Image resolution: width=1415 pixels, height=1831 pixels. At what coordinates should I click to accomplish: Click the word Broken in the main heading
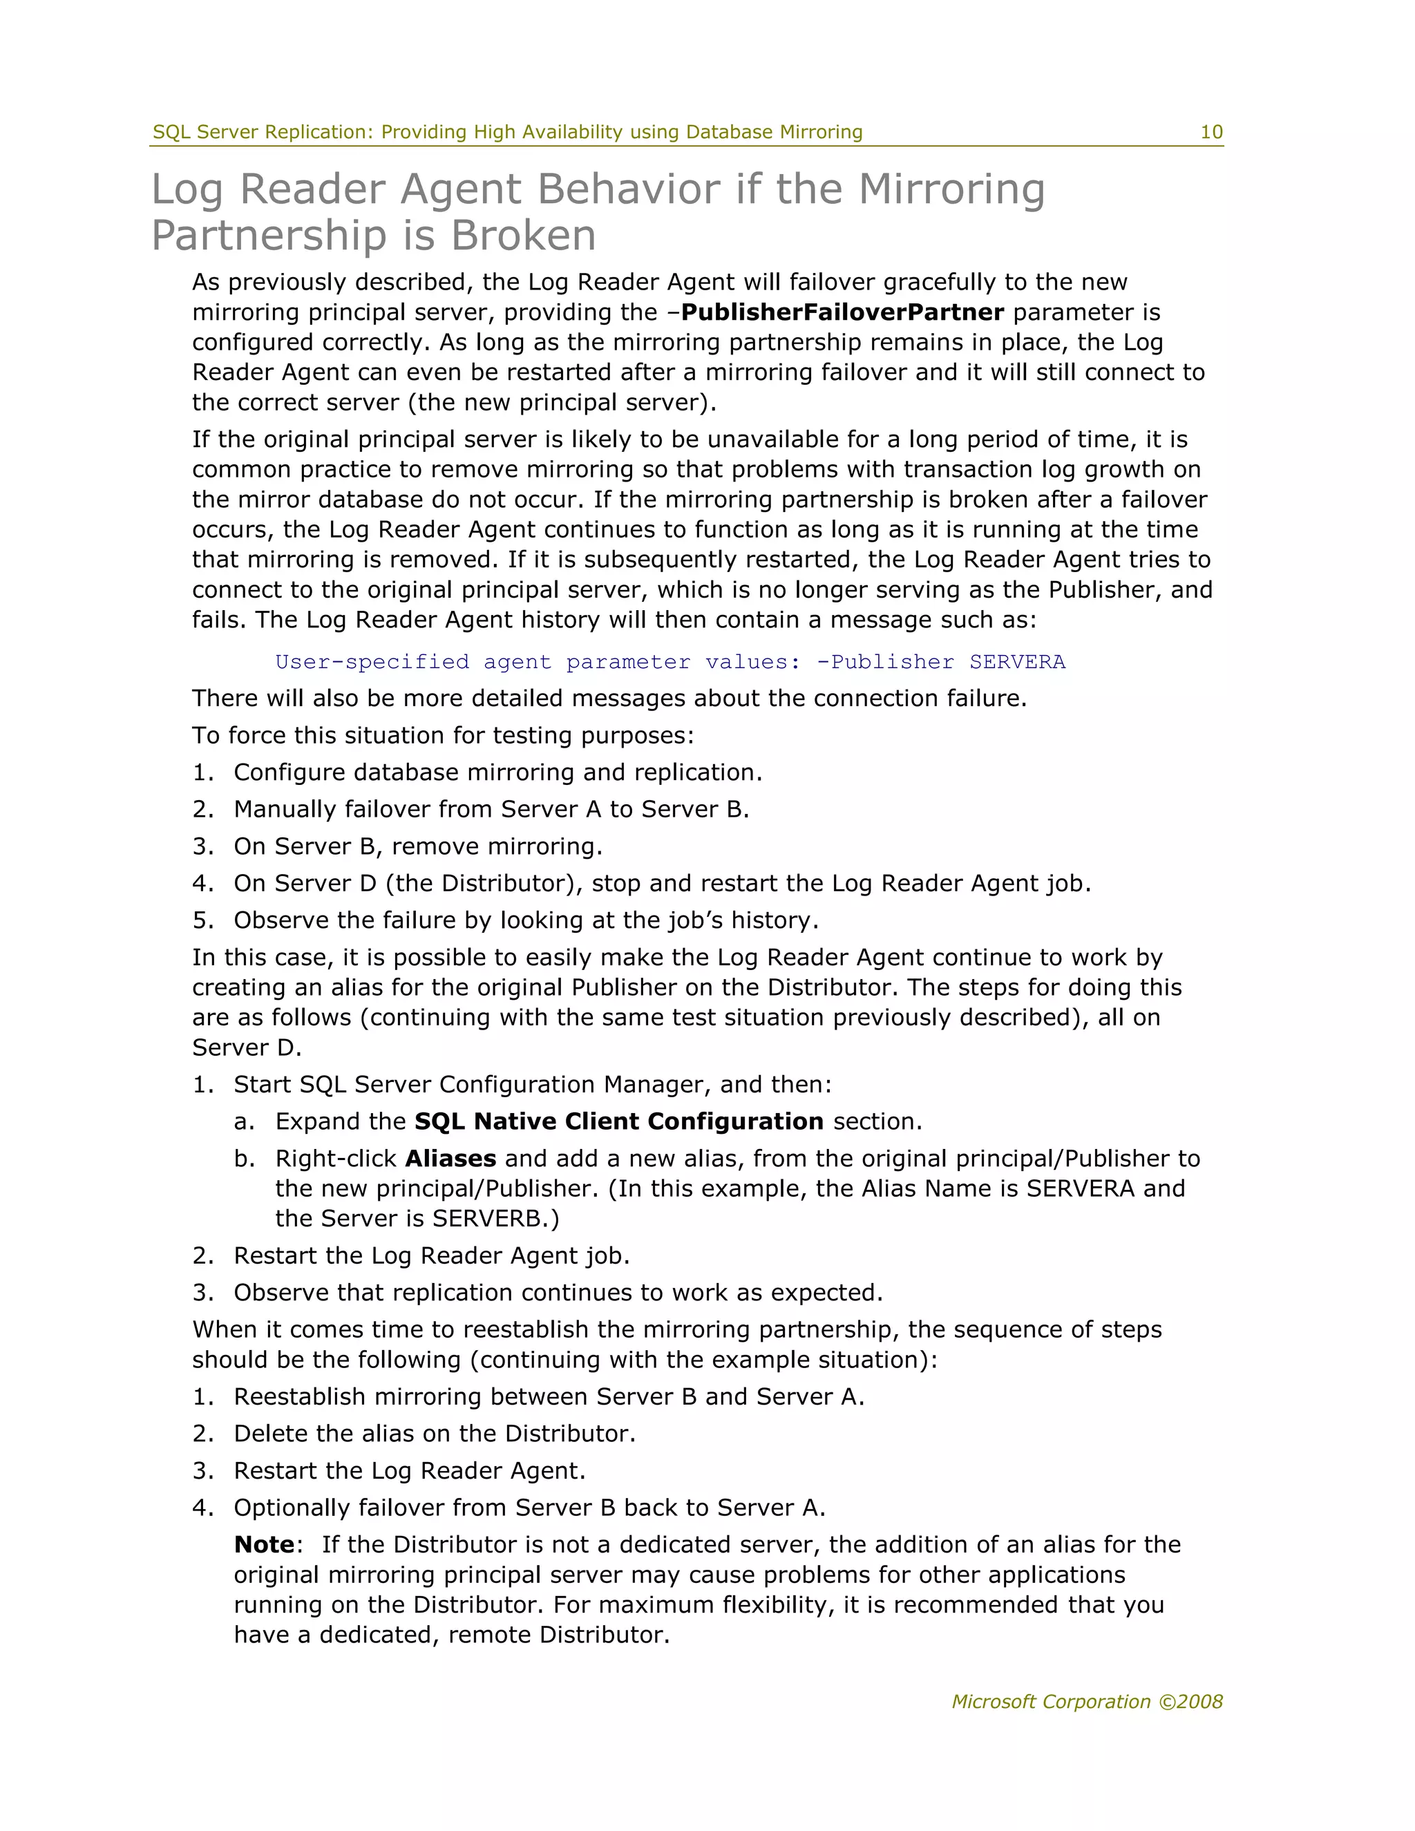click(523, 236)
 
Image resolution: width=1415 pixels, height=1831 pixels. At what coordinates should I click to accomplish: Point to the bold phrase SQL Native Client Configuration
click(618, 1121)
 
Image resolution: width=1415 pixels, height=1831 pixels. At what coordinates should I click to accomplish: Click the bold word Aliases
click(450, 1159)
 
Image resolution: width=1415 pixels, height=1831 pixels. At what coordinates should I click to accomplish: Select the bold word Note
click(264, 1544)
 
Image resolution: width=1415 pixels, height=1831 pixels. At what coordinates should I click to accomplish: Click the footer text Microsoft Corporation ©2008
click(1086, 1701)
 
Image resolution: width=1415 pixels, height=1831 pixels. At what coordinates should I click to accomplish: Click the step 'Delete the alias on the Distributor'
click(434, 1434)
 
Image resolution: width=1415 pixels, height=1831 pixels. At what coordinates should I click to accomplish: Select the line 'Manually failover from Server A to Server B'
click(491, 809)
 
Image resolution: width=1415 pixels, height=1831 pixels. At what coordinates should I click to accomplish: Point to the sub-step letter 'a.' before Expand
click(243, 1121)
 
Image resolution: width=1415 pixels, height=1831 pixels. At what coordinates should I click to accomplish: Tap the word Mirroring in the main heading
click(951, 189)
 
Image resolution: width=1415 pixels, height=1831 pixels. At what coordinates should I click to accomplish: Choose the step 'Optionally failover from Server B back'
click(529, 1508)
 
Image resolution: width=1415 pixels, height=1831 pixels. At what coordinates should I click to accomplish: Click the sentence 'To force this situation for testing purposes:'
click(443, 735)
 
